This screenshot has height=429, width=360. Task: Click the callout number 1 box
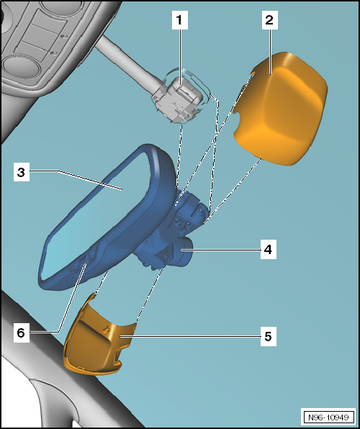179,20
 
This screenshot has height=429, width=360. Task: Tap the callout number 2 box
270,20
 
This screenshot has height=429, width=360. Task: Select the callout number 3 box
22,172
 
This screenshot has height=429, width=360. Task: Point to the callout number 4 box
269,250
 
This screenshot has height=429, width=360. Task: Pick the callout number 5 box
269,336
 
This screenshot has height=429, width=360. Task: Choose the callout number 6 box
22,333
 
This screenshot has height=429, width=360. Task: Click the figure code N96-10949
328,417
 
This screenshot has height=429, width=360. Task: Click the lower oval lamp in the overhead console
21,66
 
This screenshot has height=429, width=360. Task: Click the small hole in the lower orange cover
105,330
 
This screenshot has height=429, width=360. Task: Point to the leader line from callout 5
190,336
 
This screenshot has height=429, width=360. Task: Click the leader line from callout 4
220,250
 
